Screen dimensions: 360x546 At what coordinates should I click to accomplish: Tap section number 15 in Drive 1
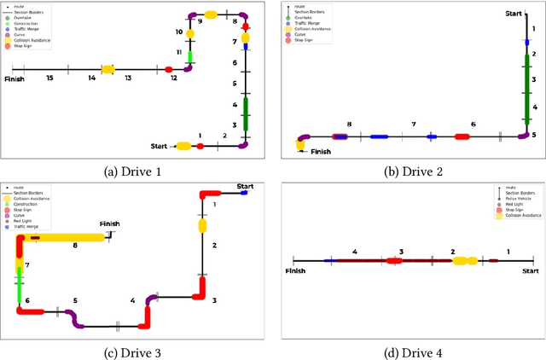tap(50, 78)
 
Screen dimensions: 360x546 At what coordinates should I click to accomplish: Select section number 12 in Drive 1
tap(174, 78)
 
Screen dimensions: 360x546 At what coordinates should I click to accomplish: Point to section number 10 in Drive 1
tap(179, 32)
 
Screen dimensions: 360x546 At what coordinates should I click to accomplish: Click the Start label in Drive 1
tap(160, 146)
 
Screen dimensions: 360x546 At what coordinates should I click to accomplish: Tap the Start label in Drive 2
tap(513, 14)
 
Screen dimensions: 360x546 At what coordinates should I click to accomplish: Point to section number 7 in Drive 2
tap(413, 125)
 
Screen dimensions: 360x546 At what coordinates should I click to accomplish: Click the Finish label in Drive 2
tap(320, 152)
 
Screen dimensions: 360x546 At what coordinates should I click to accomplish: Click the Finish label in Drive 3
tap(110, 224)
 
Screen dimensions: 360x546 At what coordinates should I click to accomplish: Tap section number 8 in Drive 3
tap(75, 246)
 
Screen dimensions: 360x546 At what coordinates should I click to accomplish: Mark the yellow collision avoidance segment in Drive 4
tap(465, 260)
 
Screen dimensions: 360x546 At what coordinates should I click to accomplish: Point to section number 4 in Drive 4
tap(355, 252)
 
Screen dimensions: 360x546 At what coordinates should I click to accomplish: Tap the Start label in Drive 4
tap(530, 270)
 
